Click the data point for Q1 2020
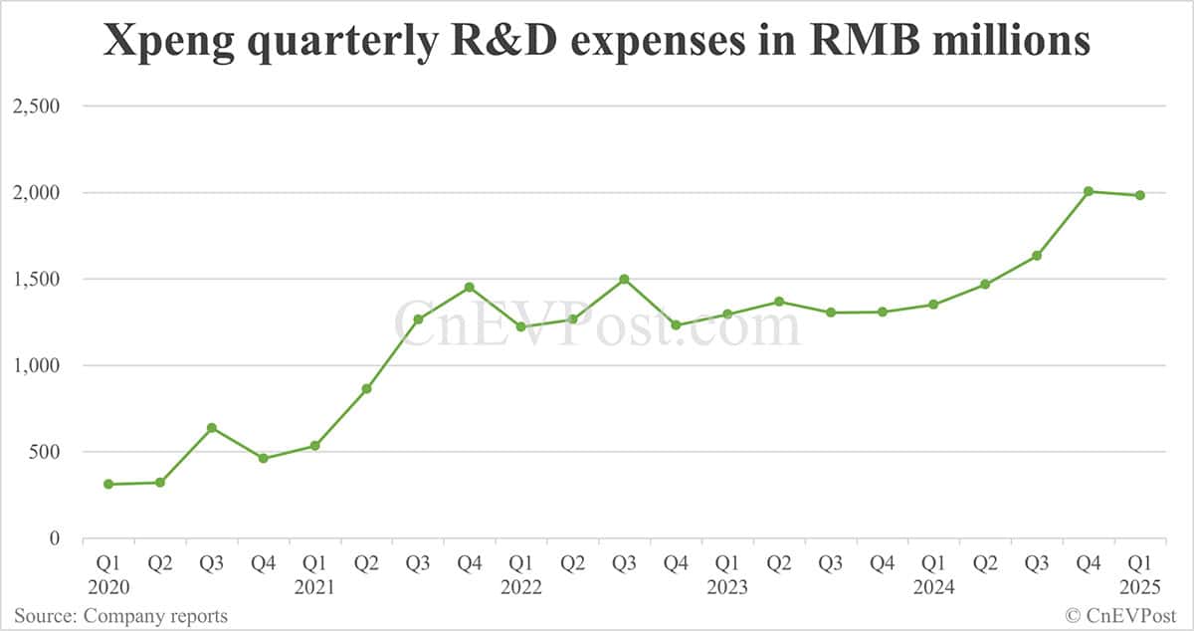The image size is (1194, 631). tap(108, 485)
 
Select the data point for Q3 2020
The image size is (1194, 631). tap(211, 428)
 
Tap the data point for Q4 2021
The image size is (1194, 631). tap(470, 288)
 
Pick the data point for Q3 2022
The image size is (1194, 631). tap(624, 279)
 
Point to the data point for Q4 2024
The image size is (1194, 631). tap(1089, 191)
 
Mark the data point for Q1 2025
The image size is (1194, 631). tap(1140, 195)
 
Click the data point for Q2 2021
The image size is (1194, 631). tap(366, 388)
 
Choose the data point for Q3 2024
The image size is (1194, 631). tap(1037, 256)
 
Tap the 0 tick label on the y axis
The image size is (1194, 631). tap(55, 538)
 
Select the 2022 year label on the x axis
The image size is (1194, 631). tap(521, 588)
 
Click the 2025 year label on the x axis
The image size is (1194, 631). tap(1140, 588)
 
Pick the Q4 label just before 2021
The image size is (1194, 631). tap(263, 564)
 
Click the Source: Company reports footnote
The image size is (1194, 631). tap(120, 616)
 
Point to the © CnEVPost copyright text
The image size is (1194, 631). tap(1121, 616)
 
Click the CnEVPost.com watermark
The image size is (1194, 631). tap(597, 324)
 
